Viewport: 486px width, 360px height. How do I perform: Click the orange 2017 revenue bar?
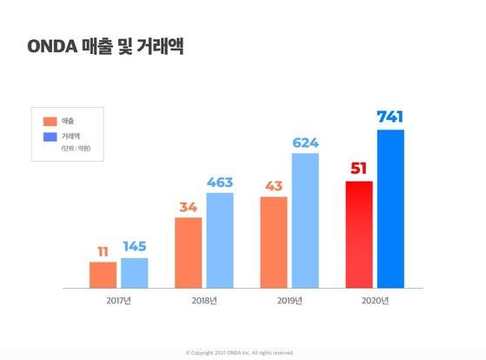pyautogui.click(x=103, y=274)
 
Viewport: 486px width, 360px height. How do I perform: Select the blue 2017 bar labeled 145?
pyautogui.click(x=135, y=272)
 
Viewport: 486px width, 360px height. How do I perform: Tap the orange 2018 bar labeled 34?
pyautogui.click(x=188, y=252)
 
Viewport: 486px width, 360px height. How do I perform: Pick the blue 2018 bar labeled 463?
pyautogui.click(x=220, y=239)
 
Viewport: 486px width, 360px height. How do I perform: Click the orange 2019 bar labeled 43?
pyautogui.click(x=273, y=242)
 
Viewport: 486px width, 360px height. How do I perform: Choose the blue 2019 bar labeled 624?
pyautogui.click(x=305, y=220)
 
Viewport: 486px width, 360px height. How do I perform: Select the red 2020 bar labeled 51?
pyautogui.click(x=359, y=234)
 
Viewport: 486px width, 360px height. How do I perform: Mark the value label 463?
pyautogui.click(x=220, y=181)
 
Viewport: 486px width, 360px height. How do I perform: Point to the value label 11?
pyautogui.click(x=103, y=251)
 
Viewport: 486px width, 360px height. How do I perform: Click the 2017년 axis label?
pyautogui.click(x=118, y=301)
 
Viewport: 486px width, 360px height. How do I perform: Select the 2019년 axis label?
pyautogui.click(x=290, y=301)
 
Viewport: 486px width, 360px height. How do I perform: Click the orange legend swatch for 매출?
pyautogui.click(x=50, y=121)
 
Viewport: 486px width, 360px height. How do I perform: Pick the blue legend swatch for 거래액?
pyautogui.click(x=50, y=137)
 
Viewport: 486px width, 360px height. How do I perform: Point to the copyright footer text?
pyautogui.click(x=240, y=352)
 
